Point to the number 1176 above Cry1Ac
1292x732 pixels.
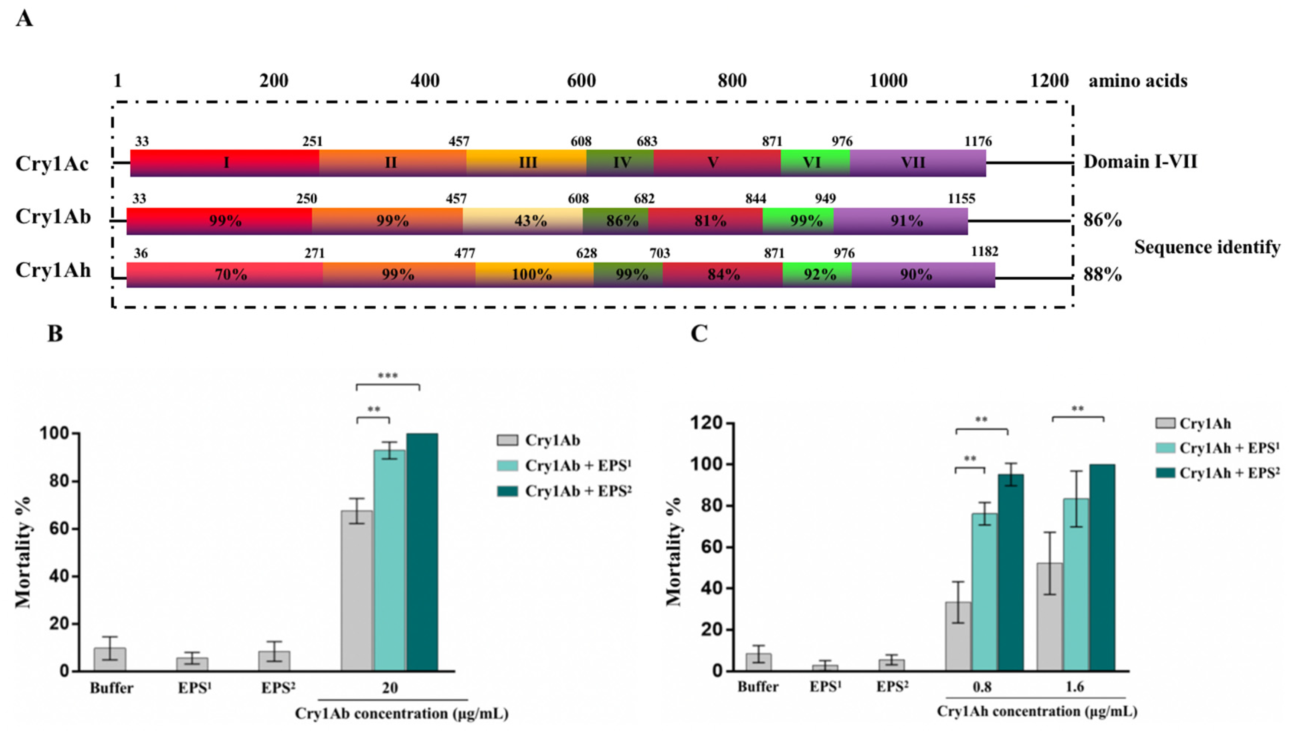[978, 141]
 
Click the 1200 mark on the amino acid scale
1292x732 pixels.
[1049, 81]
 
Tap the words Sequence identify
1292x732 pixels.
[1207, 247]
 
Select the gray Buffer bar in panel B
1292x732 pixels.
[110, 659]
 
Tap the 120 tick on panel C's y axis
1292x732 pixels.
[708, 423]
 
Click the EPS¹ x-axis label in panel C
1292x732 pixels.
[825, 687]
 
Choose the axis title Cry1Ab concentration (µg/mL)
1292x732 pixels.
[401, 713]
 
